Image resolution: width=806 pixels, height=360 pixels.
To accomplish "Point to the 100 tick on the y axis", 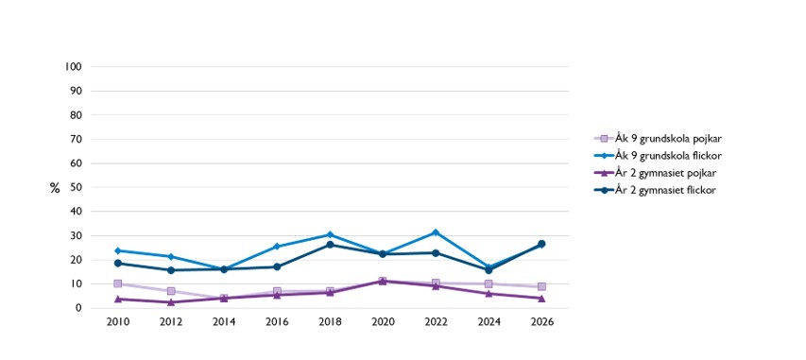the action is coord(75,67).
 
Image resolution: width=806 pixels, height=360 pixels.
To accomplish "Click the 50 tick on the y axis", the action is coord(77,187).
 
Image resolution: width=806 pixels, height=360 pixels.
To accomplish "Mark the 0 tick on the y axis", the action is coord(79,308).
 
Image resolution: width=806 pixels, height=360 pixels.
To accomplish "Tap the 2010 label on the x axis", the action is coord(118,322).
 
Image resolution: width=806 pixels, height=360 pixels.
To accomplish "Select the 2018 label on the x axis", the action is coord(330,322).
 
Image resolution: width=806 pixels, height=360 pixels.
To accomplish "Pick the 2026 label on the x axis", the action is coord(541,322).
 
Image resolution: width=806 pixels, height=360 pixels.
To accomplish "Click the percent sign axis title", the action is coord(55,188).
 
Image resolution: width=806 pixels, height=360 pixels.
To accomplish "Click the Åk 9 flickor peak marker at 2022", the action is coord(436,232).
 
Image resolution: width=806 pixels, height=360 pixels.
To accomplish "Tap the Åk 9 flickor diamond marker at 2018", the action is coord(330,234).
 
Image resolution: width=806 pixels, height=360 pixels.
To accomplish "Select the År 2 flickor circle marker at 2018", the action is coord(330,245).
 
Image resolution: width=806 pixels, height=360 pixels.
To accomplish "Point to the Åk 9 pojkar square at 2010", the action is coord(118,283).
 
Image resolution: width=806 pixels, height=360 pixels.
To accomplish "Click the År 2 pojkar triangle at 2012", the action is coord(171,301).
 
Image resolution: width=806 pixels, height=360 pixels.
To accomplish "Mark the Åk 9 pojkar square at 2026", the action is coord(541,286).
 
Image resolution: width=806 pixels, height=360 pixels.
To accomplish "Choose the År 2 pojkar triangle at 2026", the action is coord(541,298).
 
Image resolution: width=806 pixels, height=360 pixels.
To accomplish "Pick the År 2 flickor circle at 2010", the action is coord(118,264).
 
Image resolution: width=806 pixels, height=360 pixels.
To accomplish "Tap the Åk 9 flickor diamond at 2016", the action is coord(277,247).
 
